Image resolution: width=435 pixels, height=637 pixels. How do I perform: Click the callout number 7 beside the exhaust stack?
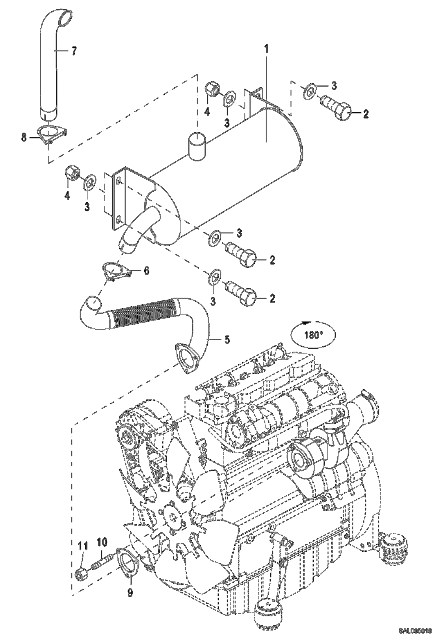74,51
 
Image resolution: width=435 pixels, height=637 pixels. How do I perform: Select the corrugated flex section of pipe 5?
144,314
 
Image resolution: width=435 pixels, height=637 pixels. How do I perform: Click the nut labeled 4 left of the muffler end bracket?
71,173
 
